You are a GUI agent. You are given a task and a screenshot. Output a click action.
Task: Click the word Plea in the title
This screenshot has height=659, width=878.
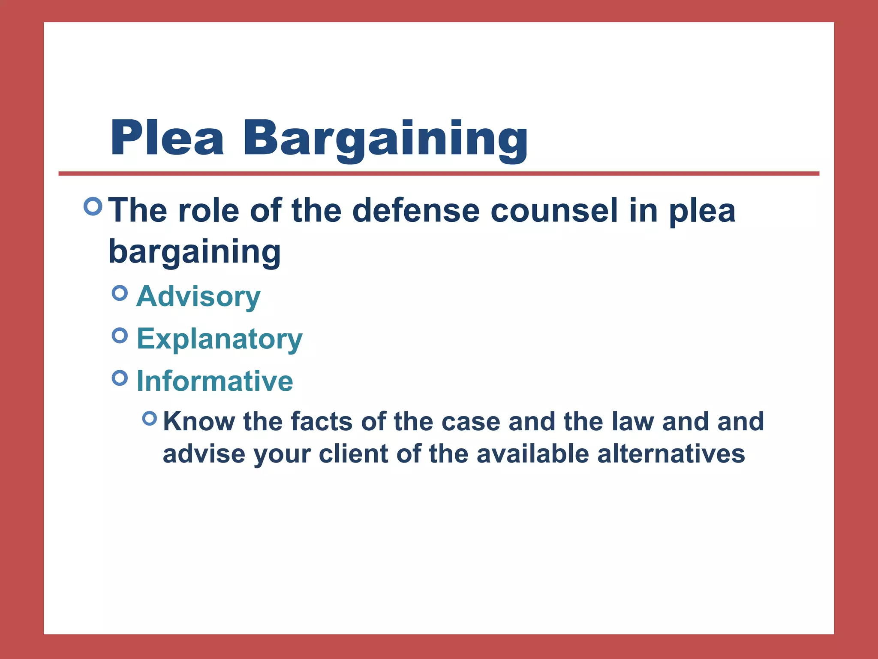167,138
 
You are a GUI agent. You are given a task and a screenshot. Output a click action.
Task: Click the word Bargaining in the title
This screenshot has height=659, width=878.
385,139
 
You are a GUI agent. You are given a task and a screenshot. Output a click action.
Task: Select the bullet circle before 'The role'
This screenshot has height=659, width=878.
93,206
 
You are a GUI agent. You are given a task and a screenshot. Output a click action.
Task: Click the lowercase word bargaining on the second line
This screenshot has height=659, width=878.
194,252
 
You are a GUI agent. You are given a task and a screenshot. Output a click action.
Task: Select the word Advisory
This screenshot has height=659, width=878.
198,297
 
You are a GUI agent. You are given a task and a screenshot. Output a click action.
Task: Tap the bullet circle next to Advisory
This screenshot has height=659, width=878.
120,293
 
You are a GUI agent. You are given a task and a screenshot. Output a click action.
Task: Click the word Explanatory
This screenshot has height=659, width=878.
219,339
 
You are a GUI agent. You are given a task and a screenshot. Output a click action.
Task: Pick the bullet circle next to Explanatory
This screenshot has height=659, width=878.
120,336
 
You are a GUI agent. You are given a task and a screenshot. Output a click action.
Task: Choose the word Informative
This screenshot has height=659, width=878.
215,381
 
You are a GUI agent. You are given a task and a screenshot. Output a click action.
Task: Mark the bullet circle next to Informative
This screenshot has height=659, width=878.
120,378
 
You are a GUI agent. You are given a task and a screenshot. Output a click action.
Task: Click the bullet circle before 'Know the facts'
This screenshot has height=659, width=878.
150,418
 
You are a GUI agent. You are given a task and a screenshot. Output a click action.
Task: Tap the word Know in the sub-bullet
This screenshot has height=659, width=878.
198,421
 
